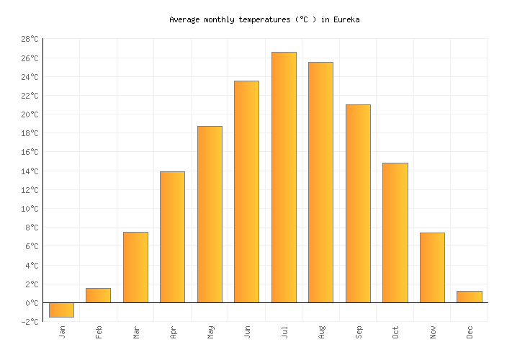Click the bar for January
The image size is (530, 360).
[x=61, y=310]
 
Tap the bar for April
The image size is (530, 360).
[x=172, y=237]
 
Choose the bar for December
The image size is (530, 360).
[x=469, y=297]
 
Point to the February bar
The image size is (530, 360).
[x=98, y=295]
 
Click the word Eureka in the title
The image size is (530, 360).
[x=346, y=20]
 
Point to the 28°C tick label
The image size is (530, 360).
[x=29, y=40]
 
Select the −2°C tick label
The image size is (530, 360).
[x=29, y=322]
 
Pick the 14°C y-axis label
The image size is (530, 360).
[x=29, y=171]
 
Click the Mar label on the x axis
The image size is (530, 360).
[x=136, y=332]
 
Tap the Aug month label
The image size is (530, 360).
[x=321, y=332]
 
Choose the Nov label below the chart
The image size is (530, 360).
[x=433, y=332]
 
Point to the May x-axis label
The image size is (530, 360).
[x=210, y=332]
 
